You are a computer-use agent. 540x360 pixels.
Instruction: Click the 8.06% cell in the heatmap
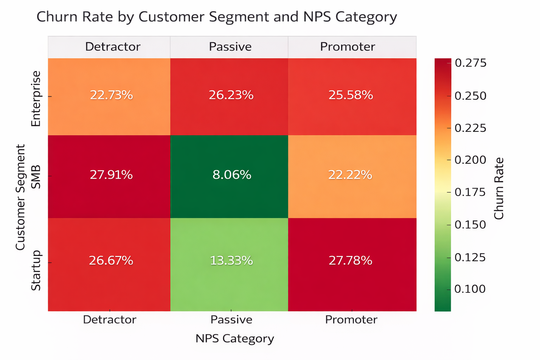pyautogui.click(x=232, y=175)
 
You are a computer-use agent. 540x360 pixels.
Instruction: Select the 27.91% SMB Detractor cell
pyautogui.click(x=111, y=175)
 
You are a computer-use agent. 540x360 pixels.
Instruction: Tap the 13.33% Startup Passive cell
pyautogui.click(x=231, y=261)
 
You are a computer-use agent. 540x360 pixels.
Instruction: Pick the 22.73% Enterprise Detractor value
pyautogui.click(x=111, y=95)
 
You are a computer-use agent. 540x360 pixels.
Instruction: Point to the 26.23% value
pyautogui.click(x=231, y=95)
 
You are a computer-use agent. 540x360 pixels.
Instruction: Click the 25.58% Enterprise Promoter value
pyautogui.click(x=351, y=95)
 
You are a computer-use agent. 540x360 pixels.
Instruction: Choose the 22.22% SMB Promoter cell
pyautogui.click(x=350, y=175)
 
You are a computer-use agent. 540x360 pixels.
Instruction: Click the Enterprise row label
pyautogui.click(x=36, y=98)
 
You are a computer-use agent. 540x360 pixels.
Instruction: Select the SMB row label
pyautogui.click(x=36, y=176)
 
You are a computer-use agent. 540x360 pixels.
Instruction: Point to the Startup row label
pyautogui.click(x=36, y=271)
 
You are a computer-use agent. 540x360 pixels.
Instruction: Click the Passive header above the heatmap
pyautogui.click(x=230, y=47)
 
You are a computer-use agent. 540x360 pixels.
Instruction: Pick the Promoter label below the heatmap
pyautogui.click(x=351, y=320)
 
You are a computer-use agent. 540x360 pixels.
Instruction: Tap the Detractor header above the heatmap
pyautogui.click(x=112, y=47)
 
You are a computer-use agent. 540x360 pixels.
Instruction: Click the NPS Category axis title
pyautogui.click(x=234, y=339)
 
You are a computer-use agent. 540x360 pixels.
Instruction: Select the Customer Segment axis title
pyautogui.click(x=20, y=197)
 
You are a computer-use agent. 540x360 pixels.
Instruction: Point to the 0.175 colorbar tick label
pyautogui.click(x=470, y=192)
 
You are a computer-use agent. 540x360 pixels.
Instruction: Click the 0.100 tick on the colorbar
pyautogui.click(x=470, y=289)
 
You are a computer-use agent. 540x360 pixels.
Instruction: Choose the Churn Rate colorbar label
pyautogui.click(x=499, y=188)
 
